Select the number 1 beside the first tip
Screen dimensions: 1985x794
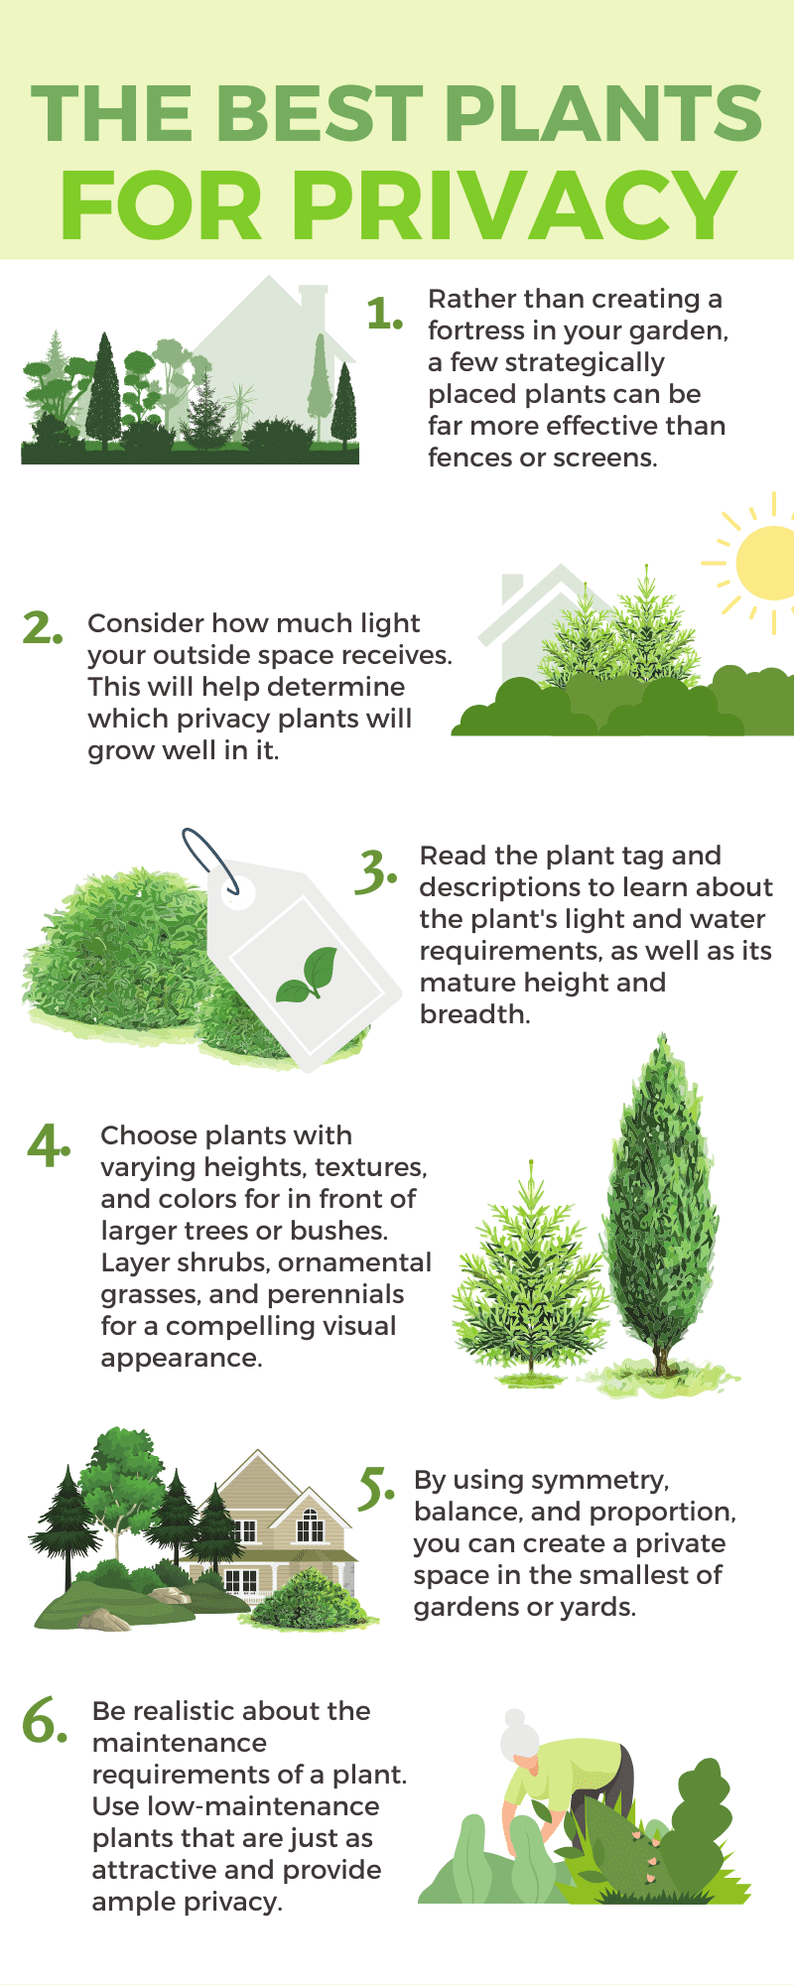[x=383, y=314]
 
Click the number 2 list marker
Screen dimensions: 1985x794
[x=42, y=628]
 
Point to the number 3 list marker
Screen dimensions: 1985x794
[x=375, y=870]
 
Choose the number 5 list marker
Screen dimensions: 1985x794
[x=375, y=1489]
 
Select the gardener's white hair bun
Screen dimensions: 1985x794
[x=514, y=1719]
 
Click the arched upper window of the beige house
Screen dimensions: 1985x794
[x=310, y=1524]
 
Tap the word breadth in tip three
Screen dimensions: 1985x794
[x=472, y=1014]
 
